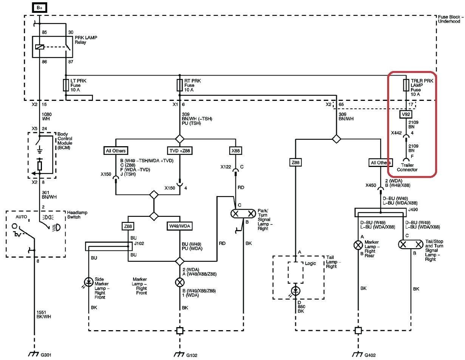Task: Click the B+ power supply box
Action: tap(39, 8)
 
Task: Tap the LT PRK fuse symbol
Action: tap(66, 85)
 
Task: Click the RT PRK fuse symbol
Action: tap(180, 85)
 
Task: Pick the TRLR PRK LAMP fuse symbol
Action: tap(406, 85)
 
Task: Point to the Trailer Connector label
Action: tap(407, 167)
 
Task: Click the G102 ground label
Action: tap(191, 355)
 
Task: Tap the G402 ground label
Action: tap(369, 355)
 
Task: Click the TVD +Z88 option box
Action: tap(179, 151)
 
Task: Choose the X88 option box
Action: tap(235, 151)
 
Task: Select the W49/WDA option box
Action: tap(179, 226)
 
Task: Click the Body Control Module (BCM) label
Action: tap(65, 141)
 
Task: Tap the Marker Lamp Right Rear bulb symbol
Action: tap(358, 244)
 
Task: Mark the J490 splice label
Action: tap(413, 209)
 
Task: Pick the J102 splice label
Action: tap(139, 244)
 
